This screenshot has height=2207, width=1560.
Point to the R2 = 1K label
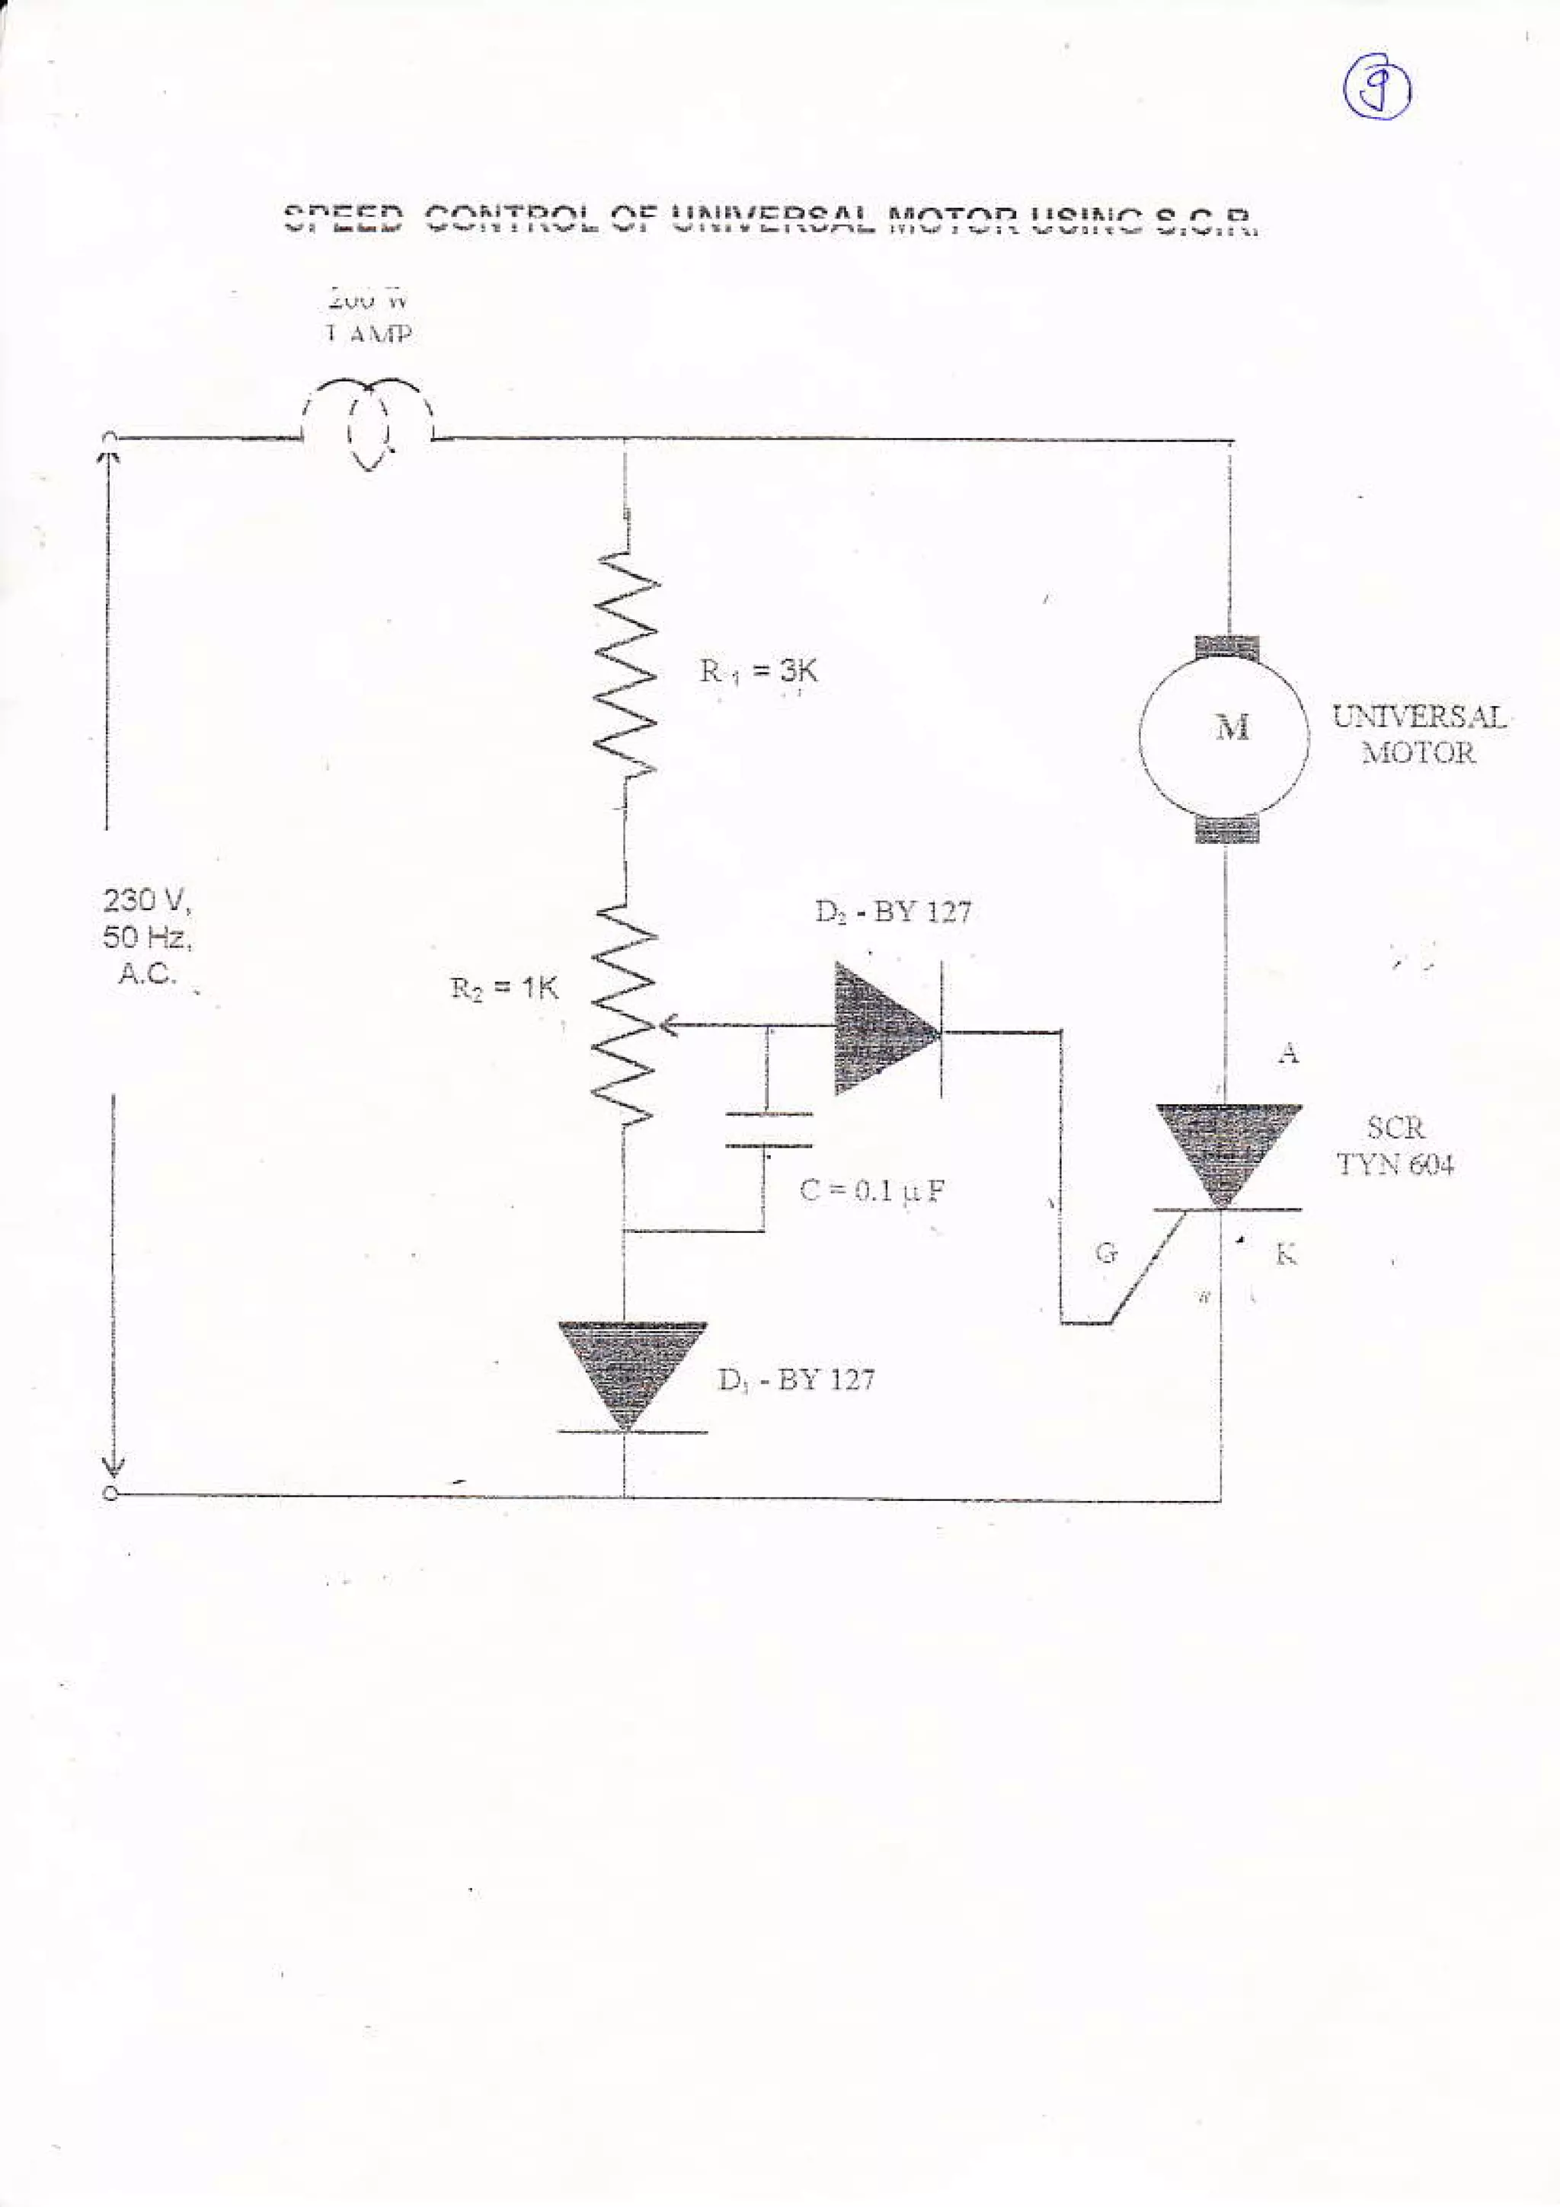504,989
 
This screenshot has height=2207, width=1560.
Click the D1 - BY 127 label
796,1381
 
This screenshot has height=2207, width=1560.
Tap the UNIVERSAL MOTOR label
1417,734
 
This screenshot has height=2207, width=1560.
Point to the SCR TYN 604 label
1395,1146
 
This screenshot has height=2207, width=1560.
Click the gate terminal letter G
1105,1254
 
